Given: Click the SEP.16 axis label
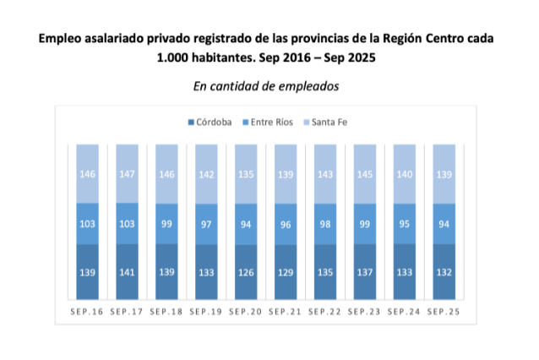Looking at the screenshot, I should (x=87, y=312).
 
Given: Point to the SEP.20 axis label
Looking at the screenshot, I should (x=246, y=312).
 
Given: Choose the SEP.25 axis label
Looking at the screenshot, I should (x=444, y=312).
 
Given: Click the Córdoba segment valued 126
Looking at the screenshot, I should (x=246, y=272).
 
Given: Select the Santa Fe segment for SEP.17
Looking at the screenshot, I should (x=127, y=173).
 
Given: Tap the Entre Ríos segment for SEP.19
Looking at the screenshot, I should (x=206, y=224).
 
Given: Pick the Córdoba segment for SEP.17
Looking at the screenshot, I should (x=127, y=272).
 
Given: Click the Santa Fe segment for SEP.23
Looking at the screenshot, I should (x=364, y=173).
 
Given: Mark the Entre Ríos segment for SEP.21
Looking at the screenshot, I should (x=286, y=224).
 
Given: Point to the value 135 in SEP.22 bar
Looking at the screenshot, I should (x=325, y=272).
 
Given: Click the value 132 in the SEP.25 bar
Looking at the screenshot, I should (x=444, y=272).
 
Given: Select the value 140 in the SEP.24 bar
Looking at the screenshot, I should (x=404, y=173).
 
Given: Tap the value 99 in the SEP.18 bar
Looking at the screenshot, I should (x=166, y=224).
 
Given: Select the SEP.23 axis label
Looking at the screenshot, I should (x=364, y=312).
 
